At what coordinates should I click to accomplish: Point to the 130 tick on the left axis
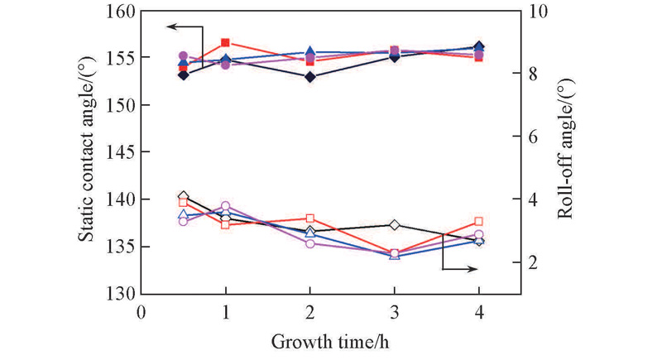tap(123, 294)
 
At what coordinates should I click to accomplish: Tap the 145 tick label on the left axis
tap(123, 152)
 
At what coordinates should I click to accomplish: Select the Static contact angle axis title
tap(86, 153)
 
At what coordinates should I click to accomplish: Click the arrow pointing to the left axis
tap(170, 26)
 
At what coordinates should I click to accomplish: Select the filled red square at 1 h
tap(226, 42)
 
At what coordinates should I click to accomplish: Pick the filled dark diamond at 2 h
tap(309, 77)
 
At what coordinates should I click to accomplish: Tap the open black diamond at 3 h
tap(394, 225)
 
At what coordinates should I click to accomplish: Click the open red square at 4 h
tap(478, 222)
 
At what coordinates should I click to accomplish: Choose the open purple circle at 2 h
tap(309, 243)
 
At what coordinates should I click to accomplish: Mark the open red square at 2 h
tap(309, 218)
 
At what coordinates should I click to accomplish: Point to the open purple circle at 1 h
tap(226, 206)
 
